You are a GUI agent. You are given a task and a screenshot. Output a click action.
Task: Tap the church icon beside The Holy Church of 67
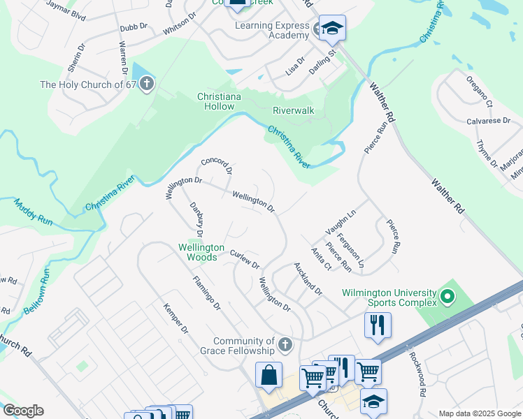coord(146,84)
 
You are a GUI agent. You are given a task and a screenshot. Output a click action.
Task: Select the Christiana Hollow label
coord(220,101)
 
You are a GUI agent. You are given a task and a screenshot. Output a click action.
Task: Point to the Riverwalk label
coord(294,110)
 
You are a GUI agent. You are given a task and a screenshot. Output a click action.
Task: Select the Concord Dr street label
coord(216,166)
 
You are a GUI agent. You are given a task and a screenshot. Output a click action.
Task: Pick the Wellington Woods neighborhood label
coord(201,252)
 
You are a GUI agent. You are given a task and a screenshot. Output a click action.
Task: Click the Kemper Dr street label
coord(175,318)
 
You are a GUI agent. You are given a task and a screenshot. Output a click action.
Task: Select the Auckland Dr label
coord(308,279)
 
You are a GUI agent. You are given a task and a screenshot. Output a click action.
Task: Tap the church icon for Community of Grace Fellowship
coord(284,344)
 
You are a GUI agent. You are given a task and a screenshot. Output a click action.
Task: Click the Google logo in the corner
coord(23,411)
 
